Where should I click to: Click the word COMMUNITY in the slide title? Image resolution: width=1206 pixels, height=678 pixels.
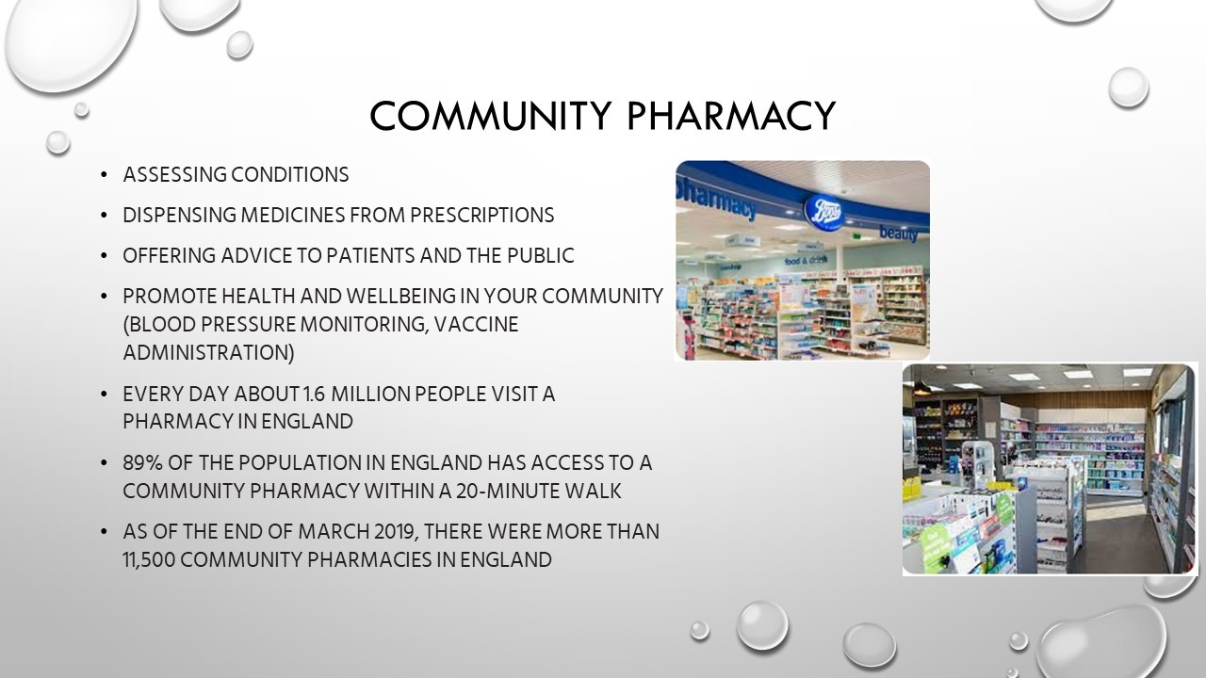click(x=491, y=116)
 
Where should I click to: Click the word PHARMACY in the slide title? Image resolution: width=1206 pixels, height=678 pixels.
click(x=732, y=116)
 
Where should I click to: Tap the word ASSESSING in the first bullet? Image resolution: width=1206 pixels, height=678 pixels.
click(x=175, y=175)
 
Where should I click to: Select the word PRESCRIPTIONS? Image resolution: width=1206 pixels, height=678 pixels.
click(x=481, y=216)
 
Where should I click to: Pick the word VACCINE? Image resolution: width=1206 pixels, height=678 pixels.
click(x=476, y=325)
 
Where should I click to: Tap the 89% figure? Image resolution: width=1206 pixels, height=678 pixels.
click(x=142, y=462)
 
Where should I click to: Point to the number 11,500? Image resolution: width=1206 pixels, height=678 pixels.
click(x=149, y=559)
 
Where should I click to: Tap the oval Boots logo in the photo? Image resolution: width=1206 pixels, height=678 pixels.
click(x=823, y=213)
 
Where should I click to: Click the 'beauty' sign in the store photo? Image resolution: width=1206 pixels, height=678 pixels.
click(x=898, y=234)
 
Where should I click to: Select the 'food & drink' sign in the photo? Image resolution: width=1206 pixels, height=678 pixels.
click(x=806, y=261)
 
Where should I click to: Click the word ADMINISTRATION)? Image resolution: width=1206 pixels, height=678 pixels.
click(x=209, y=352)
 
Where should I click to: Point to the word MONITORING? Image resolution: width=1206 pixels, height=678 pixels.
click(x=364, y=325)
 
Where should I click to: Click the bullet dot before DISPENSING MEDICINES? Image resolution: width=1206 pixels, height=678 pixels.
click(x=104, y=216)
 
